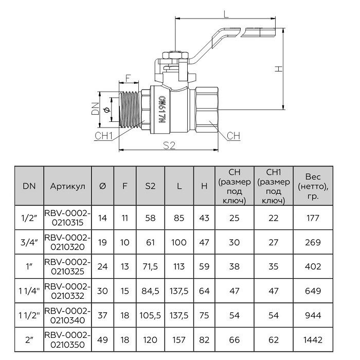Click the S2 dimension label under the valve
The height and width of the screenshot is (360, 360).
pos(169,146)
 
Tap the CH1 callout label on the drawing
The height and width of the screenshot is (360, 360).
pos(104,136)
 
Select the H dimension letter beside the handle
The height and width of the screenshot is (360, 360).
pos(278,69)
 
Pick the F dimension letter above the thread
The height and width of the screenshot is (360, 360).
pos(129,78)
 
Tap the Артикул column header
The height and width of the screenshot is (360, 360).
pos(67,186)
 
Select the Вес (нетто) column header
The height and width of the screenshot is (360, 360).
pos(313,186)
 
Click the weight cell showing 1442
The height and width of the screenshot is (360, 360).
pos(313,340)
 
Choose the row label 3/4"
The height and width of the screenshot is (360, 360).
pos(29,242)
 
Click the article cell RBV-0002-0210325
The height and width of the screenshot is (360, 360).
pos(67,266)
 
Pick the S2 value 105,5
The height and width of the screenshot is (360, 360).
pos(150,315)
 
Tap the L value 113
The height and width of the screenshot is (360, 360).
pos(179,266)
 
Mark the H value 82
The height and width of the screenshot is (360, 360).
pos(204,340)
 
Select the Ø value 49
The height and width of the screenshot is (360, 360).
pos(102,340)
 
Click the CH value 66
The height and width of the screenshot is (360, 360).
pos(234,340)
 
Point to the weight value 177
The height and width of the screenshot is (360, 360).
pos(313,218)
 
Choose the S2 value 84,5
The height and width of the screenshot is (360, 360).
pos(150,291)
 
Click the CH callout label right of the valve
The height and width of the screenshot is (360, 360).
pos(233,136)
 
